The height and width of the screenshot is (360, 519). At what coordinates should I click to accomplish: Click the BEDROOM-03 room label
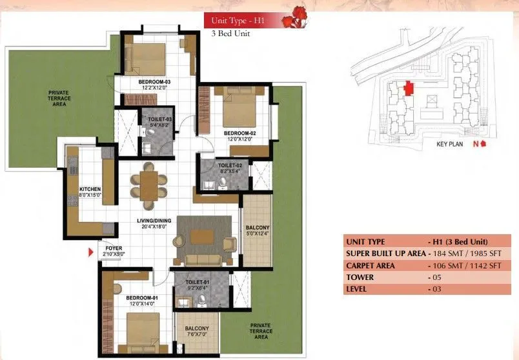point(154,82)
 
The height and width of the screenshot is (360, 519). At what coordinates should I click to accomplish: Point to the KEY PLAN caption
point(451,145)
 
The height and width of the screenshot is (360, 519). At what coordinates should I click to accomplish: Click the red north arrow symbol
point(482,144)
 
